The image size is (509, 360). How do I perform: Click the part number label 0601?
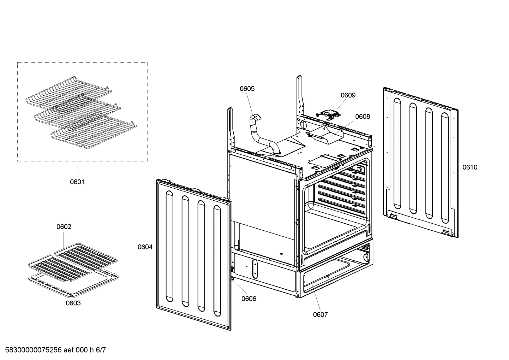(x=77, y=182)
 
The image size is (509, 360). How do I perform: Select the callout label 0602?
(x=64, y=226)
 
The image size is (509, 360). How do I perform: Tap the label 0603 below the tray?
(x=73, y=303)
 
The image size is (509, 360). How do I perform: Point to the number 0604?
(x=145, y=247)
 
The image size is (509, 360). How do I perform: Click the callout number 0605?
(x=247, y=89)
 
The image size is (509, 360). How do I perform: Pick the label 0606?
(x=249, y=299)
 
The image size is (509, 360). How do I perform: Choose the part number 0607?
(x=320, y=314)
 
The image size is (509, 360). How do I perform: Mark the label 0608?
(x=363, y=117)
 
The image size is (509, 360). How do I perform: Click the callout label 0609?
(x=348, y=95)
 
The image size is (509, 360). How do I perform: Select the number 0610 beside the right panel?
(x=470, y=167)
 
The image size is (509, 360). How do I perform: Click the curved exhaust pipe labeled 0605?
(x=263, y=138)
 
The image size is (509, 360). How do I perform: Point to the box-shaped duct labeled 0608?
(x=325, y=136)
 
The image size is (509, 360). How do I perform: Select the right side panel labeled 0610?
(x=420, y=163)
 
